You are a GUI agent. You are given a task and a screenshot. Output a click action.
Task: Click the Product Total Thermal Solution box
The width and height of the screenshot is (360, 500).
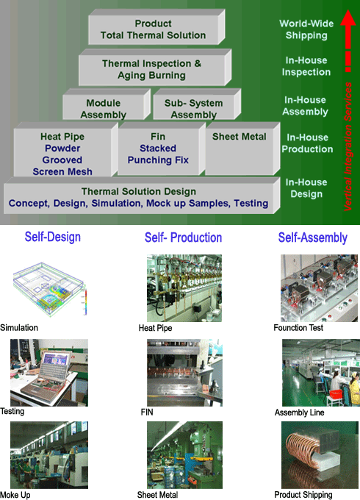(156, 27)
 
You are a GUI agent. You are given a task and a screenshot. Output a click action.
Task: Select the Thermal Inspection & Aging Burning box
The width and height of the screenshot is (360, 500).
(155, 68)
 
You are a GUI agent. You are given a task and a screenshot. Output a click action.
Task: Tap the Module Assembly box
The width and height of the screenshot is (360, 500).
(107, 104)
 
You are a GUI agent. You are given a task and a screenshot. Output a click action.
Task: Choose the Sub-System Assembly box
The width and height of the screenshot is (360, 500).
(197, 104)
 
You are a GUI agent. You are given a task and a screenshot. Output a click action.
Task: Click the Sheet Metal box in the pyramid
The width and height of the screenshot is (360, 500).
(242, 149)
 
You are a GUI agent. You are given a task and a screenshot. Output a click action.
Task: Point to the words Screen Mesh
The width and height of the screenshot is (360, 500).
(62, 171)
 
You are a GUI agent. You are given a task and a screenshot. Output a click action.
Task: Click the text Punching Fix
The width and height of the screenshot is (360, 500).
(158, 160)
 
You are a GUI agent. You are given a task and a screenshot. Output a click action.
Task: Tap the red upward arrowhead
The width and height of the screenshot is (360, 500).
(348, 18)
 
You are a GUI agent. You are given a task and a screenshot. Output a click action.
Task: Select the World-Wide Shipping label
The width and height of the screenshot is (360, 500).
(306, 29)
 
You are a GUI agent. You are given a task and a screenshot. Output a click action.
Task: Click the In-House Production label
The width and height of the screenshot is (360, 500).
(307, 143)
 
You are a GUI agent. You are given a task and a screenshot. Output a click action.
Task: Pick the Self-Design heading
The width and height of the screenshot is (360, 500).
(53, 238)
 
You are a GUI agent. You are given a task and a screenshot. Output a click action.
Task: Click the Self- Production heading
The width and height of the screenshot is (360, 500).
(183, 238)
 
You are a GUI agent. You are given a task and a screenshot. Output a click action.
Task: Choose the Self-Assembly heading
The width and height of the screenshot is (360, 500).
(312, 238)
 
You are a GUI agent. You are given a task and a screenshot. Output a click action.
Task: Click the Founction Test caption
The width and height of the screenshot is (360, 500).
(298, 328)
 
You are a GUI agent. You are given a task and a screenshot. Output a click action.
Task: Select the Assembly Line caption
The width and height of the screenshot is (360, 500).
(300, 413)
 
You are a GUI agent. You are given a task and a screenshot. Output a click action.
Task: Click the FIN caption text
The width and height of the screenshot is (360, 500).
(147, 413)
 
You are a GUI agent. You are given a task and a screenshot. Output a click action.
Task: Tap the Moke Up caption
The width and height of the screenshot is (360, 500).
(15, 495)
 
